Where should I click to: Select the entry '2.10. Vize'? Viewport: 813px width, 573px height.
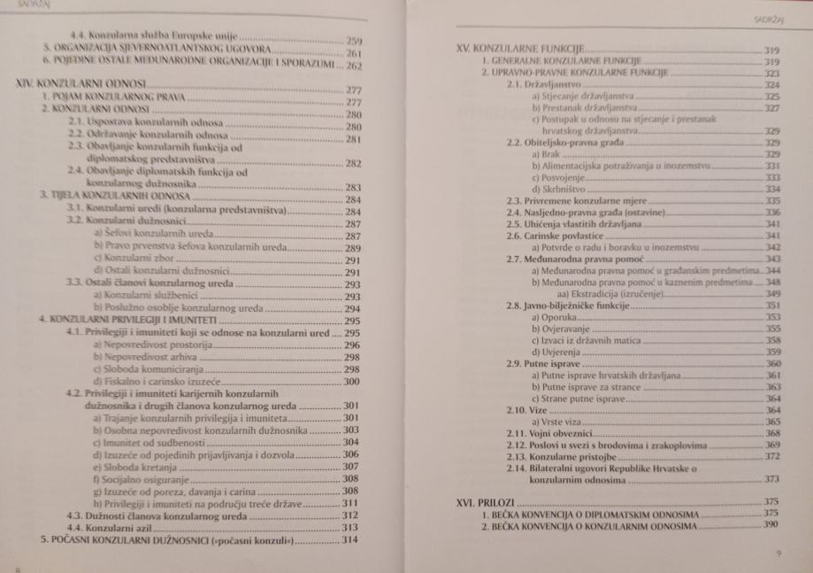pyautogui.click(x=522, y=411)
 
